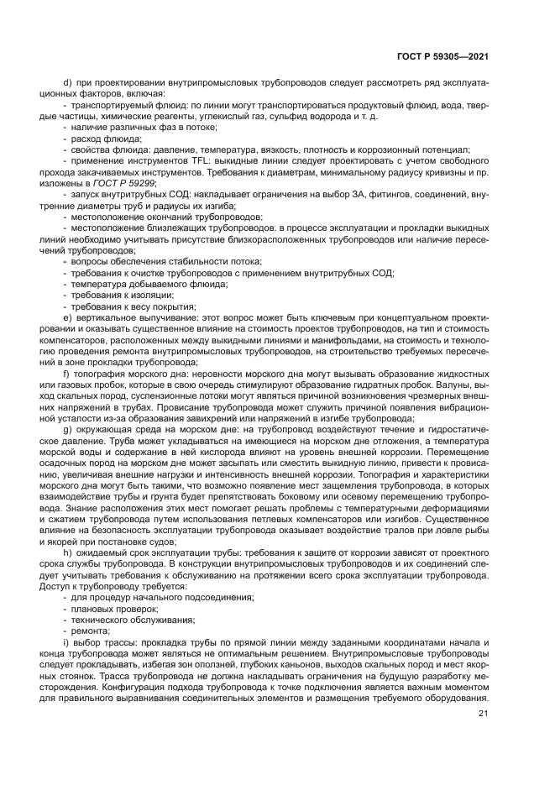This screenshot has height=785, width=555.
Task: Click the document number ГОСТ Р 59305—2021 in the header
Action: [x=442, y=56]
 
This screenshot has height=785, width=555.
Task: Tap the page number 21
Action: [x=483, y=714]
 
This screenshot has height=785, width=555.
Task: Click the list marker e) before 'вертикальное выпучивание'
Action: [x=67, y=319]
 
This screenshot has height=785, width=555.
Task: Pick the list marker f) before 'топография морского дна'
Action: [x=66, y=372]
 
